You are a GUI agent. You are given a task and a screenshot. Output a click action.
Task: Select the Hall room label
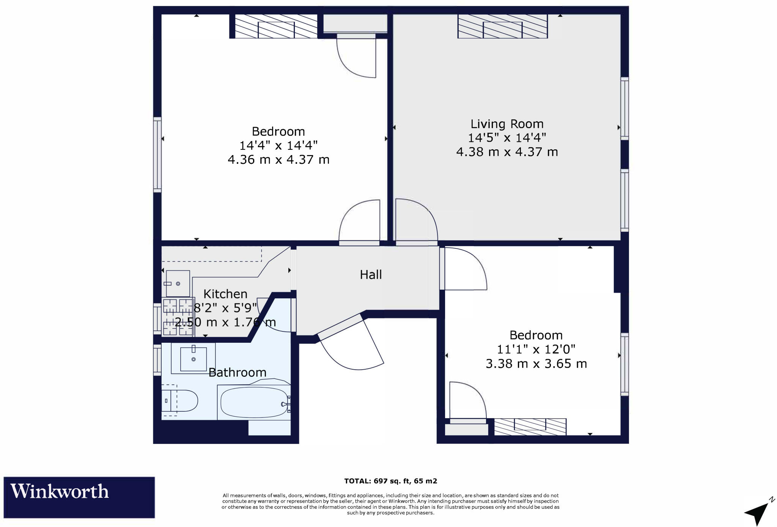pos(371,274)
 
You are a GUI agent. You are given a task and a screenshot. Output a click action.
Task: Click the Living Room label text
pos(507,124)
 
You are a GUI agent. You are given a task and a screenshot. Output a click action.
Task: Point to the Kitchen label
pos(225,294)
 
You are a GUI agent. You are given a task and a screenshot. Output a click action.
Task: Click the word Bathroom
pos(238,372)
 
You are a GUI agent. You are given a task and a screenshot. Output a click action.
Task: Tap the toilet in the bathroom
pos(179,400)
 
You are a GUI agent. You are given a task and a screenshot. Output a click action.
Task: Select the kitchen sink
pos(178,284)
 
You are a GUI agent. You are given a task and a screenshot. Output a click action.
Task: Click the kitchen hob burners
pos(178,317)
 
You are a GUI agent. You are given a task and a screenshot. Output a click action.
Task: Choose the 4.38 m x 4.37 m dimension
pos(507,152)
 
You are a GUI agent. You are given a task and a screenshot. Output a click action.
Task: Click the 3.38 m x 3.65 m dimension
pos(536,364)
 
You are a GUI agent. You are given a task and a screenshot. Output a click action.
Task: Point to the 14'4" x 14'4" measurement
pos(278,145)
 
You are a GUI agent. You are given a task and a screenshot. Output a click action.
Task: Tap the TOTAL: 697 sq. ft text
pos(377,481)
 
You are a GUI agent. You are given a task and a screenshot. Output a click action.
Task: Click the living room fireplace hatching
pos(503,26)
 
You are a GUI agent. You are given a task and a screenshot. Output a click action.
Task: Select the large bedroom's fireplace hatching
pos(276,26)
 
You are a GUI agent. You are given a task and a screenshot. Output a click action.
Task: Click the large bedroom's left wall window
pos(157,153)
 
